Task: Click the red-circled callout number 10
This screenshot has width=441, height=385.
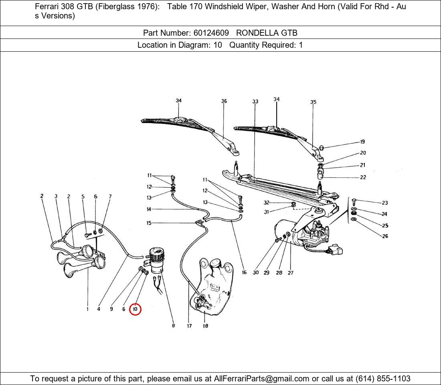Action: (135, 309)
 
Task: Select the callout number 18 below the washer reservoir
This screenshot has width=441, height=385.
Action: (205, 326)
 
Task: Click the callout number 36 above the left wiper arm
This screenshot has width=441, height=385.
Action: (224, 101)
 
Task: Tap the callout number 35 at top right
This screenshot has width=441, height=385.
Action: (313, 102)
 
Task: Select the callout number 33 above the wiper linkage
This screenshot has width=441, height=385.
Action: (255, 101)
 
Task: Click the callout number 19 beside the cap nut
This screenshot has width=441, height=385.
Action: (362, 142)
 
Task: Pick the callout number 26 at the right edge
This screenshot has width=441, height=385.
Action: (385, 236)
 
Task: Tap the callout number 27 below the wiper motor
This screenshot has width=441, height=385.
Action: (291, 273)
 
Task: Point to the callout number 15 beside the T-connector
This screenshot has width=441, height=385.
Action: (149, 223)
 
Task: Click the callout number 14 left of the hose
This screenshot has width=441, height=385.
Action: (149, 209)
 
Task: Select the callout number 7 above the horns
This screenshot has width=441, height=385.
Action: (110, 197)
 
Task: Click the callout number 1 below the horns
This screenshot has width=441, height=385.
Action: (87, 309)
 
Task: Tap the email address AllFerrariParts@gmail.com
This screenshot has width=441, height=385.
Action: (262, 379)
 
